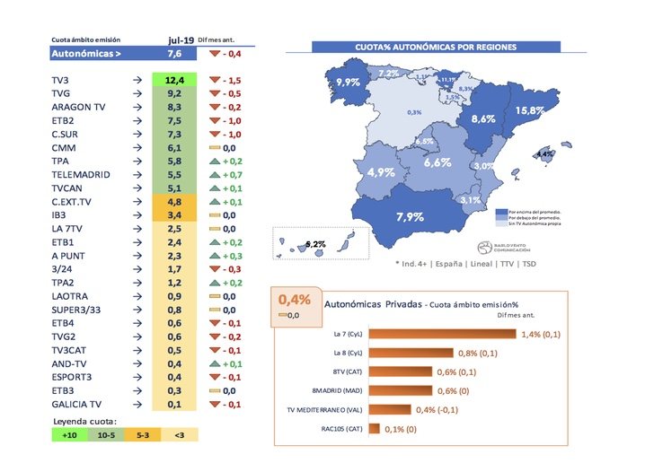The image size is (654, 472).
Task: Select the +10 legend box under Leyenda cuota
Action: [x=70, y=434]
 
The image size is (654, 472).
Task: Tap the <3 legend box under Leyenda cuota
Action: [x=181, y=434]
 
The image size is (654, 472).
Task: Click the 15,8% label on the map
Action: [x=531, y=110]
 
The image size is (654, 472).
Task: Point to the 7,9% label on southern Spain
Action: [x=409, y=216]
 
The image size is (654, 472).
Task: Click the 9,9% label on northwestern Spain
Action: [x=348, y=82]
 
